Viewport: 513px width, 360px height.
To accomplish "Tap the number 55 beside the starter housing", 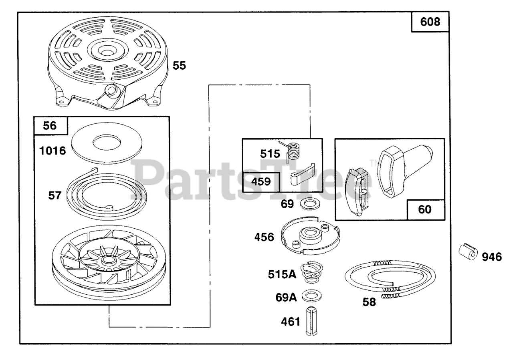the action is pos(179,66).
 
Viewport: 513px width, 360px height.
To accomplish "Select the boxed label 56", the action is pos(51,126).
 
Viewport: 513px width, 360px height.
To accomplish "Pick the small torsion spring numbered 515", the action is pos(295,151).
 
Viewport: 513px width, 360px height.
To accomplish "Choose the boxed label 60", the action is pos(426,209).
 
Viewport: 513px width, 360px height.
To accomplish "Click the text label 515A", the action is pos(282,274).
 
